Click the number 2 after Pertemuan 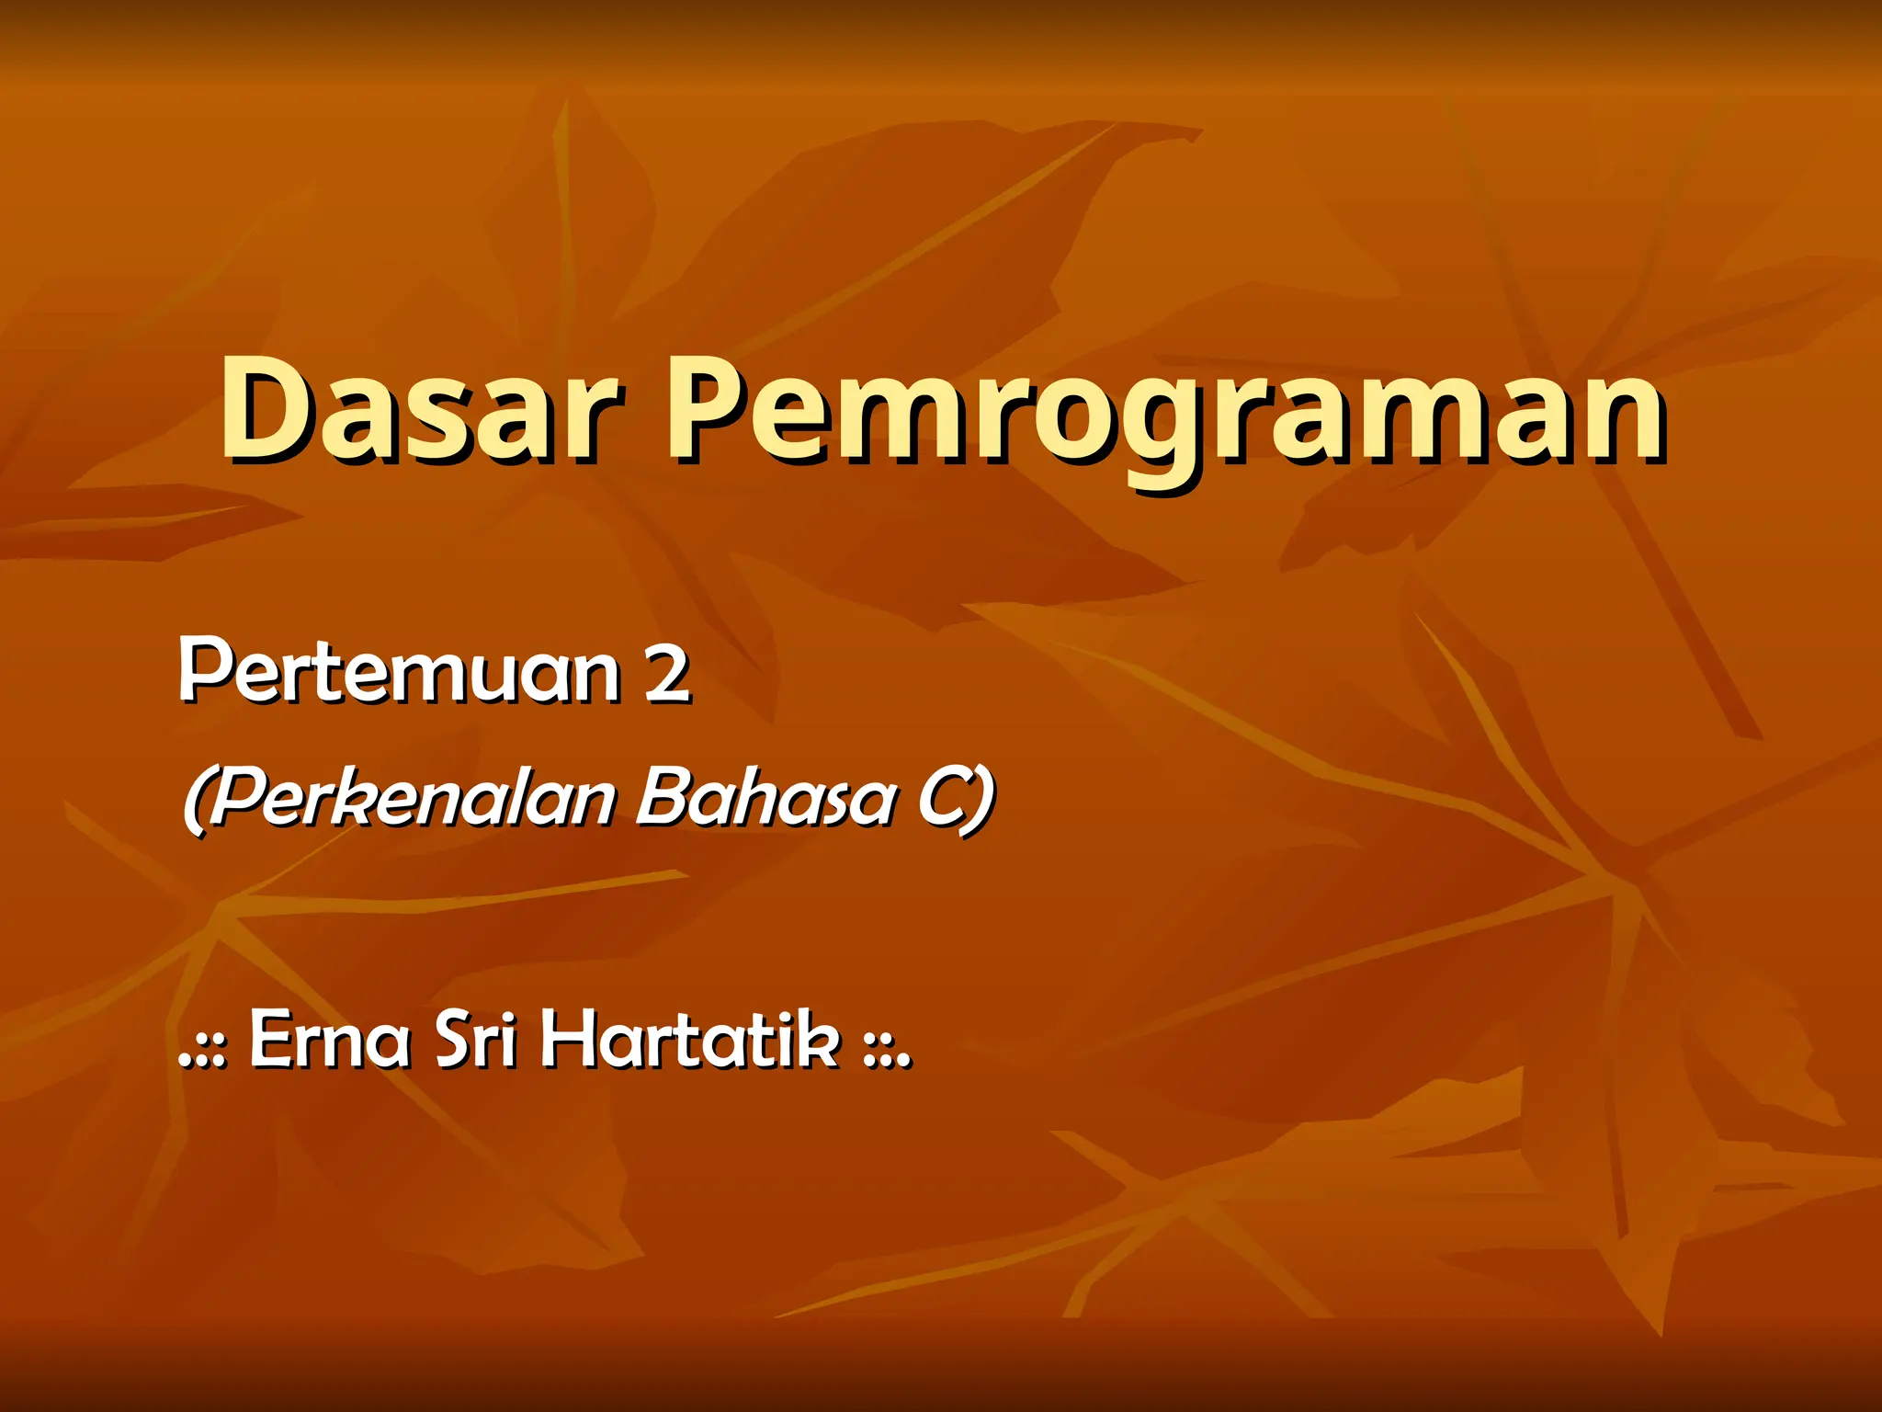pos(666,673)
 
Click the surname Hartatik pos(690,1040)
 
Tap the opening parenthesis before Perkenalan pos(196,800)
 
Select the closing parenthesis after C pos(982,800)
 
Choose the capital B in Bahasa pos(663,796)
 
